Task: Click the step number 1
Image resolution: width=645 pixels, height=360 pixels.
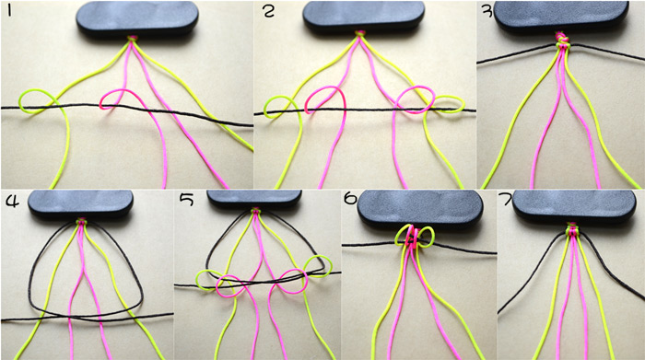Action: pyautogui.click(x=9, y=11)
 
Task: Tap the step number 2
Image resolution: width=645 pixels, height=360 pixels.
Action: pyautogui.click(x=268, y=11)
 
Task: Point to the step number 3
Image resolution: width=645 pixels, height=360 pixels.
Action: pyautogui.click(x=487, y=11)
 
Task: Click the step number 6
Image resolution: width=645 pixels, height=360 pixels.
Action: pyautogui.click(x=350, y=199)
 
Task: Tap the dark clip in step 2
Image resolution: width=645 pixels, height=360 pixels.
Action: pyautogui.click(x=364, y=17)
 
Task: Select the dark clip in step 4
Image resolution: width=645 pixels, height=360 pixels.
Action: pyautogui.click(x=81, y=203)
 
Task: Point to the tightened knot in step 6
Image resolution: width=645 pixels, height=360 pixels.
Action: pyautogui.click(x=414, y=238)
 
